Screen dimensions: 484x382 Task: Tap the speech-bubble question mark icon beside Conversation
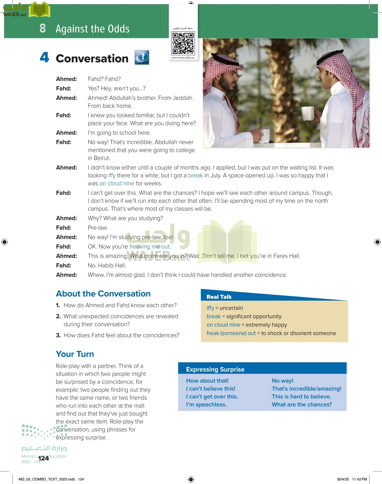pyautogui.click(x=142, y=57)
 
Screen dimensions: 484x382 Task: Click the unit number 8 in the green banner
pyautogui.click(x=43, y=28)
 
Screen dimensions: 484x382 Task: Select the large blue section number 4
pyautogui.click(x=45, y=58)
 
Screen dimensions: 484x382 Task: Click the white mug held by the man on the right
pyautogui.click(x=308, y=113)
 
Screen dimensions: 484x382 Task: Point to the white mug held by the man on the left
pyautogui.click(x=265, y=136)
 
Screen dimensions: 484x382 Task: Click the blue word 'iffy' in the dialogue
pyautogui.click(x=112, y=176)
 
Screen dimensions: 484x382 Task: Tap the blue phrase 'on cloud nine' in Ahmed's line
pyautogui.click(x=117, y=184)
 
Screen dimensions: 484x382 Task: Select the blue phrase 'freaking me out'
pyautogui.click(x=149, y=247)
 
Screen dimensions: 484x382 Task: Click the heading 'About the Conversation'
pyautogui.click(x=103, y=294)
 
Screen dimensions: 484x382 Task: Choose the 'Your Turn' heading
pyautogui.click(x=75, y=354)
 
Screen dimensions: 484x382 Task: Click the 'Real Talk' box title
pyautogui.click(x=219, y=297)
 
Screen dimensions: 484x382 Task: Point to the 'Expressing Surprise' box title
pyautogui.click(x=215, y=369)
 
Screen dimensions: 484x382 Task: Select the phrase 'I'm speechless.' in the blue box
pyautogui.click(x=206, y=404)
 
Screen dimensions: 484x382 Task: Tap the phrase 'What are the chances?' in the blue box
pyautogui.click(x=302, y=404)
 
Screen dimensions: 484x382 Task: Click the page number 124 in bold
pyautogui.click(x=44, y=458)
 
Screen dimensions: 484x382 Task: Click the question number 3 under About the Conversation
pyautogui.click(x=58, y=335)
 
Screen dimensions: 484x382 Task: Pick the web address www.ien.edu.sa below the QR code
pyautogui.click(x=183, y=58)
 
